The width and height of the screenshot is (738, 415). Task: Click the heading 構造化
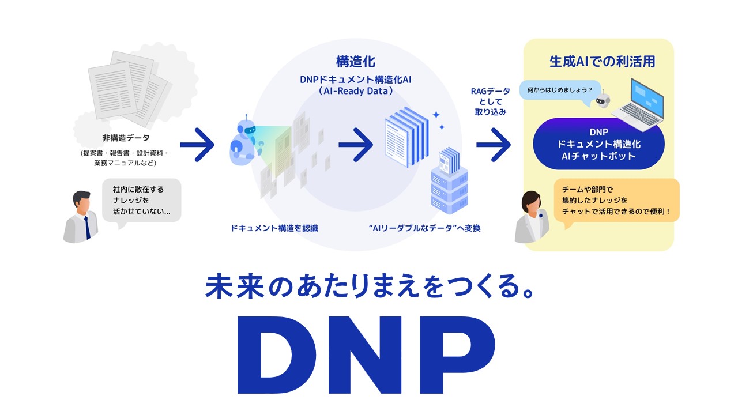coord(356,61)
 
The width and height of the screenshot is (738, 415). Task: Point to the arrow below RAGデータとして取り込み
coord(494,144)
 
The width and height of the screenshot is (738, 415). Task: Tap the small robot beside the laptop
coord(603,101)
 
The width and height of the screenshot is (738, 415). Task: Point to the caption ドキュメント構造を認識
coord(274,228)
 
